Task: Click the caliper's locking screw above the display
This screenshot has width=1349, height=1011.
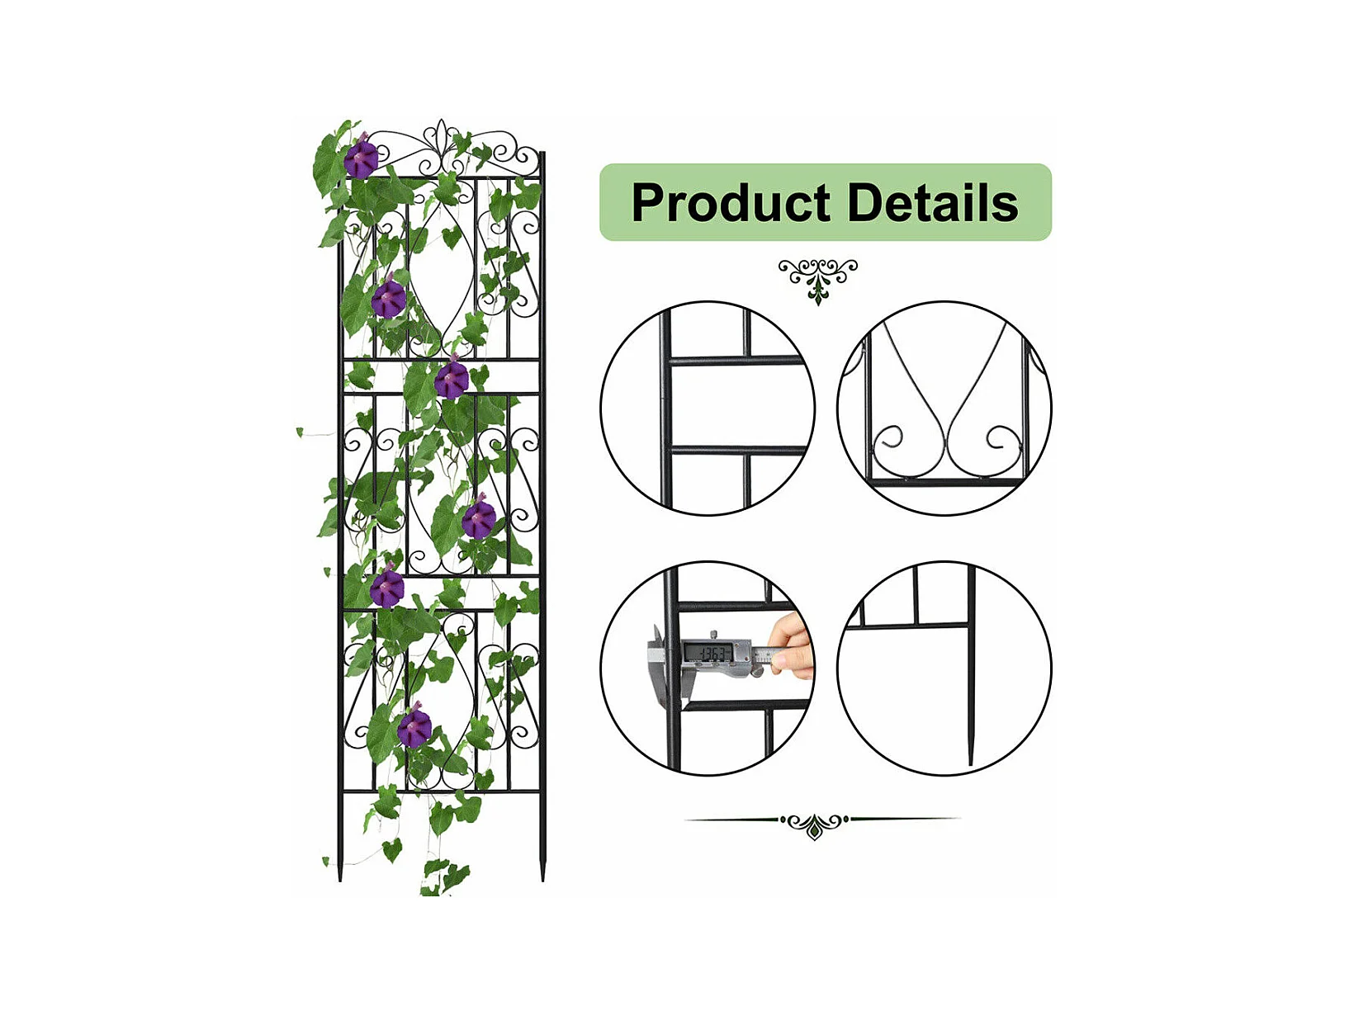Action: click(713, 634)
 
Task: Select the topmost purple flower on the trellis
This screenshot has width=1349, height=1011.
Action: click(361, 158)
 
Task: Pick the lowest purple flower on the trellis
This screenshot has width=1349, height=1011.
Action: click(414, 728)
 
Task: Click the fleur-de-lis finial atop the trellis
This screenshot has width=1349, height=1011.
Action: click(442, 140)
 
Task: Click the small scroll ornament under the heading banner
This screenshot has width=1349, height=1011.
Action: click(818, 279)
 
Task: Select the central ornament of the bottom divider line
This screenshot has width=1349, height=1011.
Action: click(815, 824)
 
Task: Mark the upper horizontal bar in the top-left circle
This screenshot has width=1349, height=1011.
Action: click(735, 361)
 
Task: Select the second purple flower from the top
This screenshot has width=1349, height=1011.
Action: click(388, 299)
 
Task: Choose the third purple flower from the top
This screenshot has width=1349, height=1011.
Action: click(452, 380)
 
